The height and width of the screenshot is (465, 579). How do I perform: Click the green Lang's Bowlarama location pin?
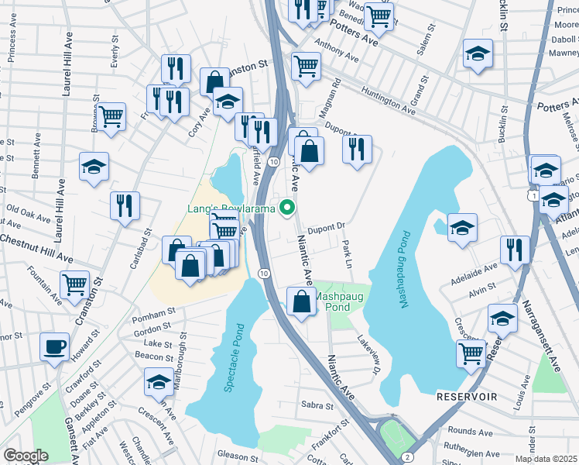click(288, 207)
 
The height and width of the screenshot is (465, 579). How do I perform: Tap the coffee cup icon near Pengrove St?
click(54, 347)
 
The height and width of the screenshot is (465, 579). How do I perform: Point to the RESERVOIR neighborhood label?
click(466, 396)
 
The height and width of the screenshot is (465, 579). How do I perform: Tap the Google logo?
click(26, 456)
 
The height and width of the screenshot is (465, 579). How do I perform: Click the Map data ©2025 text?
click(545, 459)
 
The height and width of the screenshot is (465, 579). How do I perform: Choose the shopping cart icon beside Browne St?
click(111, 117)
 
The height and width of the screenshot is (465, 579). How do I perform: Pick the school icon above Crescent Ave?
click(159, 382)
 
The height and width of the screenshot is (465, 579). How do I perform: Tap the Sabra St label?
click(317, 405)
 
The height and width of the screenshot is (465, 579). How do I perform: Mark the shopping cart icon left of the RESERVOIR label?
click(471, 353)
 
